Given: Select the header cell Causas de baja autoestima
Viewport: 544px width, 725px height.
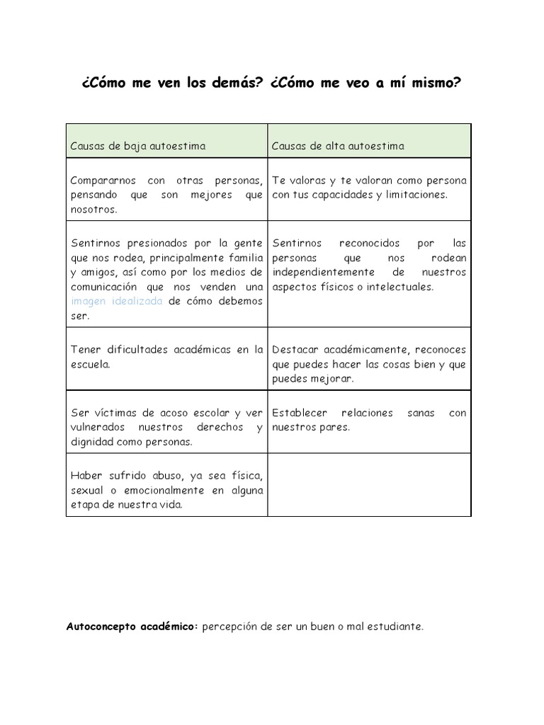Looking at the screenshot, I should pyautogui.click(x=138, y=146).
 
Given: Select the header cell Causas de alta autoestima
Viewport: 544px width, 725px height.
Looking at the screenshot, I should pyautogui.click(x=339, y=146).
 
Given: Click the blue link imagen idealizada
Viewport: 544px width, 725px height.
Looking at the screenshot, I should pyautogui.click(x=117, y=301).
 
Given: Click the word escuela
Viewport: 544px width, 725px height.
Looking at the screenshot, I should pyautogui.click(x=89, y=364).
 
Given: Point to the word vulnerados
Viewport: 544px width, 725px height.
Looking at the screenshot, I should pyautogui.click(x=97, y=427).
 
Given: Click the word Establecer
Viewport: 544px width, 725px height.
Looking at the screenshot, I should pyautogui.click(x=297, y=413).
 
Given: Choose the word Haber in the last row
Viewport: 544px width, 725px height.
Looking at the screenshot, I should pyautogui.click(x=85, y=476).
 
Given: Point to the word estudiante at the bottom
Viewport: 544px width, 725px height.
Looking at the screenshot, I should pyautogui.click(x=396, y=627).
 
